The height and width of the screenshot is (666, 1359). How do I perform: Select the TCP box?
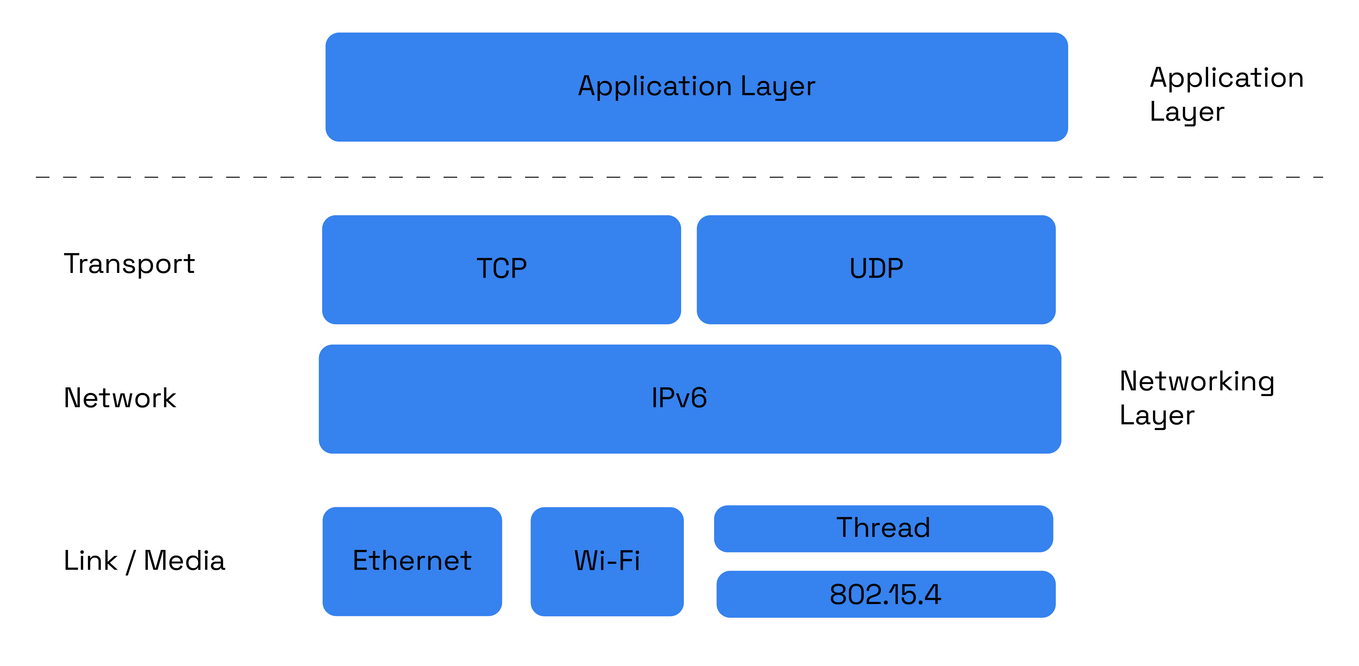(x=501, y=269)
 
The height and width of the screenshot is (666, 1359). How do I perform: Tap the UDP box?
(x=876, y=269)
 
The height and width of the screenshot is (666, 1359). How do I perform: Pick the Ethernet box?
(x=412, y=561)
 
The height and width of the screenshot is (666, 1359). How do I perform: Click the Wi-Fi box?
(x=607, y=561)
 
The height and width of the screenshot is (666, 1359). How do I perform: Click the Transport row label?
(x=129, y=264)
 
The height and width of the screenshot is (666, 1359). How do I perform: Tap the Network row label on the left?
(x=120, y=398)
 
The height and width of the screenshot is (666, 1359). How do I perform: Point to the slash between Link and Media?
(x=130, y=562)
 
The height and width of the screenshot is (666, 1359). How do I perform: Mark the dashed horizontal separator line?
(x=679, y=177)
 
